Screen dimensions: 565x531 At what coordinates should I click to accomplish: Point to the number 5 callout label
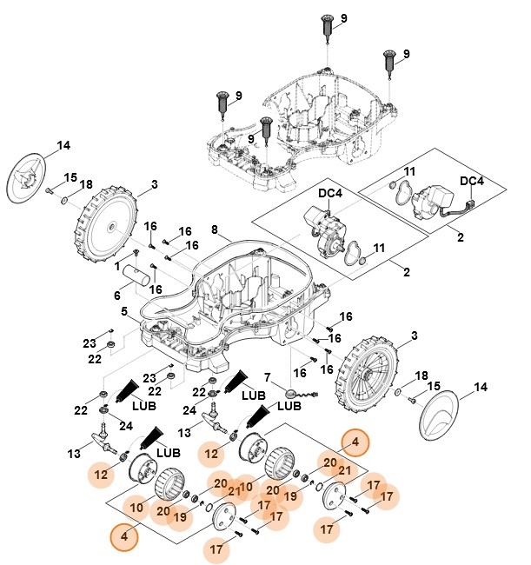pos(124,311)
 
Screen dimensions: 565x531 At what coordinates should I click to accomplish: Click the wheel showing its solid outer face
pos(108,223)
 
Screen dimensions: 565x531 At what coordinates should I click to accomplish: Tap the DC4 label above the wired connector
pos(472,181)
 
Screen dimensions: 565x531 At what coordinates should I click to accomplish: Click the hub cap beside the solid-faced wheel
pos(30,179)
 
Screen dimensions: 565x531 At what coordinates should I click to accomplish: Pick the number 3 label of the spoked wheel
pos(413,336)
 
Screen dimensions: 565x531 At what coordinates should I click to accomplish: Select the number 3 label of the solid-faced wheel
pos(154,183)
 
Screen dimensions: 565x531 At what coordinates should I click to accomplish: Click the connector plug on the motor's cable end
pos(474,205)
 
